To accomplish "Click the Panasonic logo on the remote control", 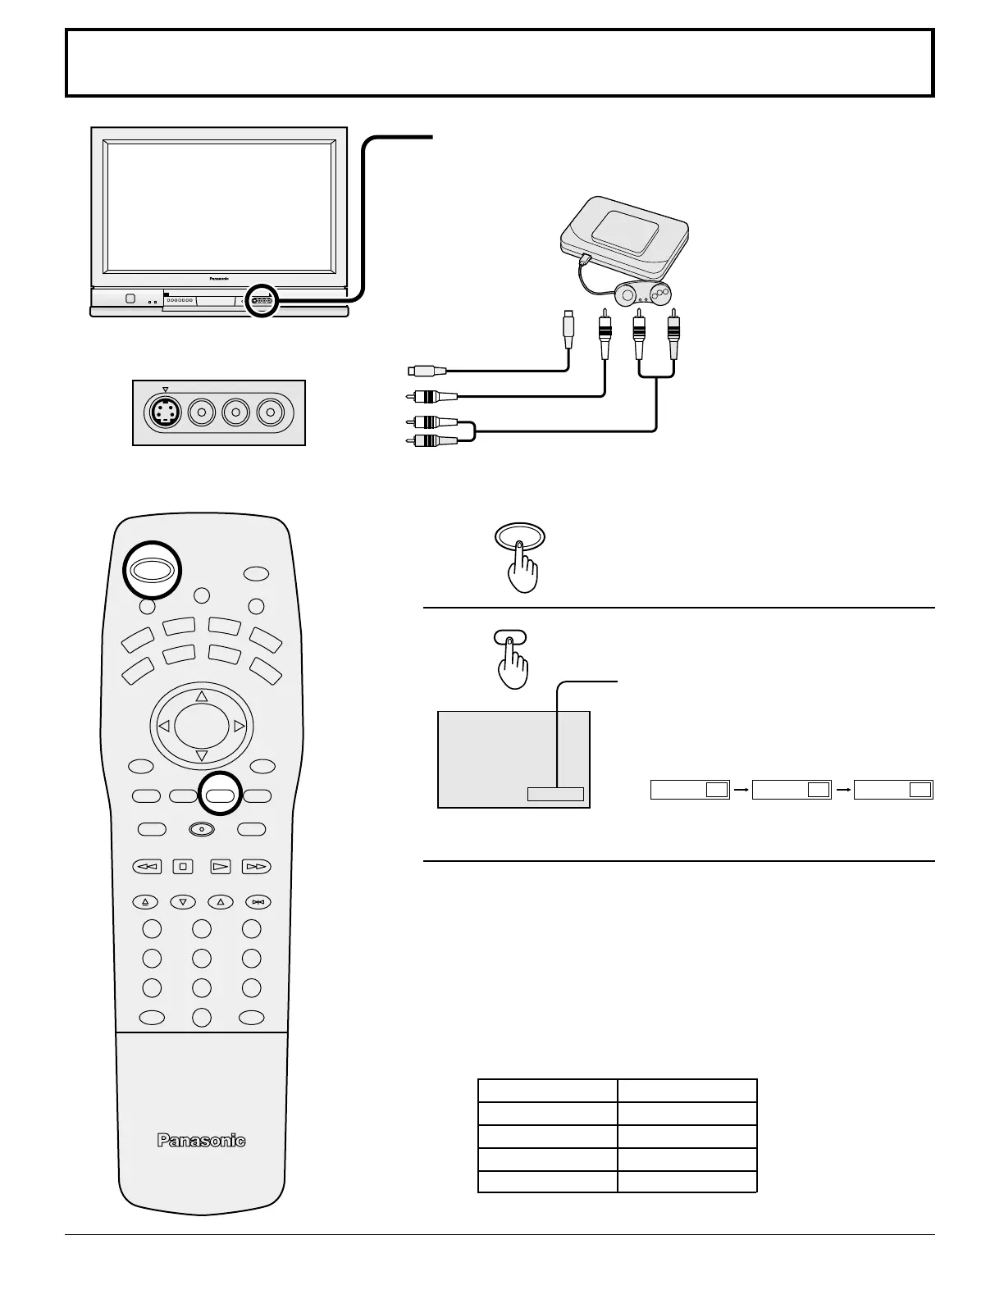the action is [201, 1140].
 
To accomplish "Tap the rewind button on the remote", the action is [147, 866].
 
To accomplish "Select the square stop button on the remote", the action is [183, 866].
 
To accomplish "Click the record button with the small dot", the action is [201, 829].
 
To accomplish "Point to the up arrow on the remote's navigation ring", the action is [202, 696].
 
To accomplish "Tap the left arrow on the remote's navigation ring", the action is [163, 726].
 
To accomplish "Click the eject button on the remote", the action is [145, 902].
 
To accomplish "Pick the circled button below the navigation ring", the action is [221, 795].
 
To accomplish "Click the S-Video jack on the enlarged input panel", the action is [167, 412].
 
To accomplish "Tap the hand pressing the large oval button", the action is [522, 565].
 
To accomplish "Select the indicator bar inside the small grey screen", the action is [555, 793].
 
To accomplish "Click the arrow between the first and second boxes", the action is [741, 790].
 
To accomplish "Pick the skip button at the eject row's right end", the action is [258, 902].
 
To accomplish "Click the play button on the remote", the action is [219, 866].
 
